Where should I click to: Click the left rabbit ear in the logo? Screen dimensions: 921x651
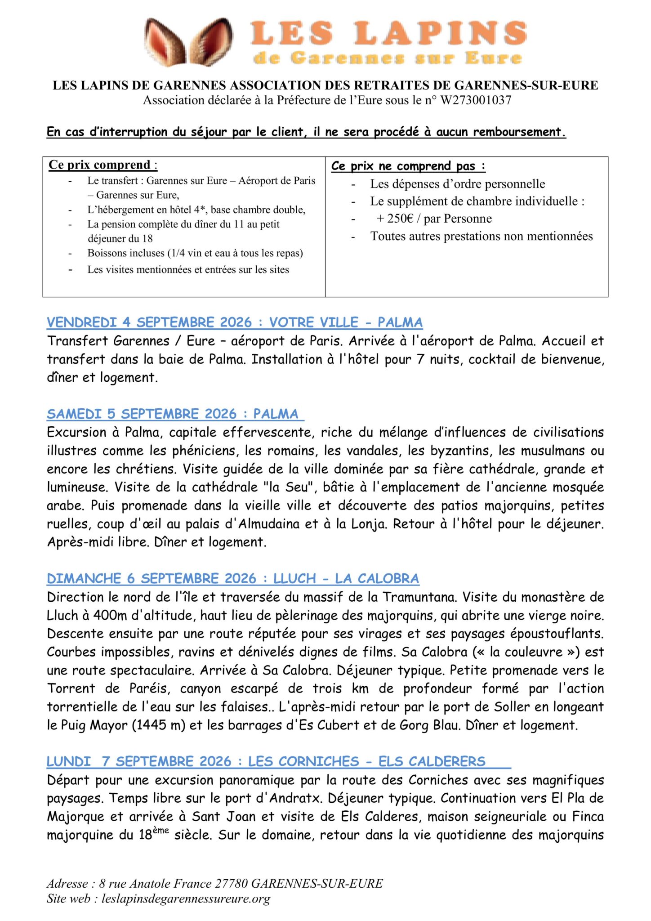[165, 42]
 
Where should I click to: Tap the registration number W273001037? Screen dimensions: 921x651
[476, 100]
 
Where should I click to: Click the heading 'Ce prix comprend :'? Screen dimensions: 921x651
[103, 165]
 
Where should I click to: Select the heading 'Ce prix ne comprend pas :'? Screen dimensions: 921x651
[408, 166]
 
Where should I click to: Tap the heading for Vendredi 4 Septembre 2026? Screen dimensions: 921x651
[234, 322]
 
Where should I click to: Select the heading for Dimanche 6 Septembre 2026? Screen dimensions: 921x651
[232, 578]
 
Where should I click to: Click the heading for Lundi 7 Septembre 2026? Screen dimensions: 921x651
[266, 761]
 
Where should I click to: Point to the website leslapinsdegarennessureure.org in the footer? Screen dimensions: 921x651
[186, 899]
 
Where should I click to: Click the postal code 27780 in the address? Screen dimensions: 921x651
[231, 883]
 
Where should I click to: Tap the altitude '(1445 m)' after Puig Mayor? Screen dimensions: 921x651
[158, 725]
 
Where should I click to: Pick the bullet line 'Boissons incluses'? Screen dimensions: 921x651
[195, 253]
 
